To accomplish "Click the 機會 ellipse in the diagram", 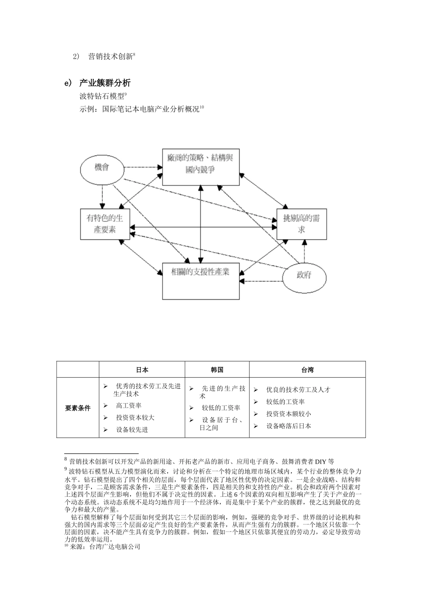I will (101, 168).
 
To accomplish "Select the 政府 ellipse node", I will (304, 275).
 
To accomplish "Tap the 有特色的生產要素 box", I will (104, 224).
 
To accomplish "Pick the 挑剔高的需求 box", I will (301, 224).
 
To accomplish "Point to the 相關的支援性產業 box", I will (200, 281).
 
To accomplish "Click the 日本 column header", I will (142, 370).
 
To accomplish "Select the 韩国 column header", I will (217, 370).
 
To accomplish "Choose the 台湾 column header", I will (307, 370).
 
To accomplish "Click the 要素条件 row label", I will (78, 408).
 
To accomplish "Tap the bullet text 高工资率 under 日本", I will (129, 405).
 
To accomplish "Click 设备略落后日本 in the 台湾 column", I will (288, 426).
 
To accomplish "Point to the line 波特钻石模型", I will (102, 96).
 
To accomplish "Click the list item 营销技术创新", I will (110, 57).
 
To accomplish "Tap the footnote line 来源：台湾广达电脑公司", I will (105, 547).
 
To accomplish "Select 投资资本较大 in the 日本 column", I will (135, 417).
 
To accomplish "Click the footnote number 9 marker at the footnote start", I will (66, 469).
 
